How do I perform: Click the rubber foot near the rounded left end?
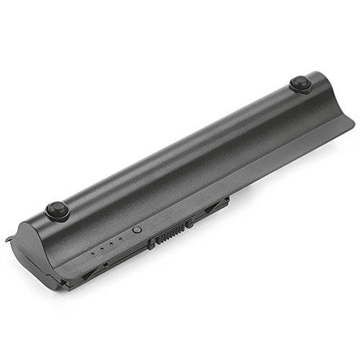(55, 210)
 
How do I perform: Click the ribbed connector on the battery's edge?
(170, 232)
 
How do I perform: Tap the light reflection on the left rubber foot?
(53, 207)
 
